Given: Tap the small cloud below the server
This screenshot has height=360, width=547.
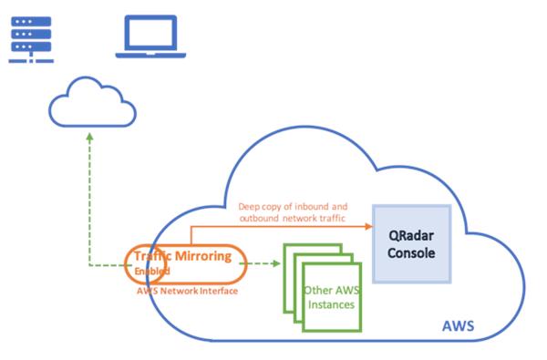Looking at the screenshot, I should point(88,104).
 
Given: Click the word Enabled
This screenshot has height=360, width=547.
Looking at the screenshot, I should point(151,271).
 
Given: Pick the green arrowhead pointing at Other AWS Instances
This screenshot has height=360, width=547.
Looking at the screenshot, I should point(275,266).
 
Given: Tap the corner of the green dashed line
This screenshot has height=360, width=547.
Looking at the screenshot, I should point(88,266).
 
